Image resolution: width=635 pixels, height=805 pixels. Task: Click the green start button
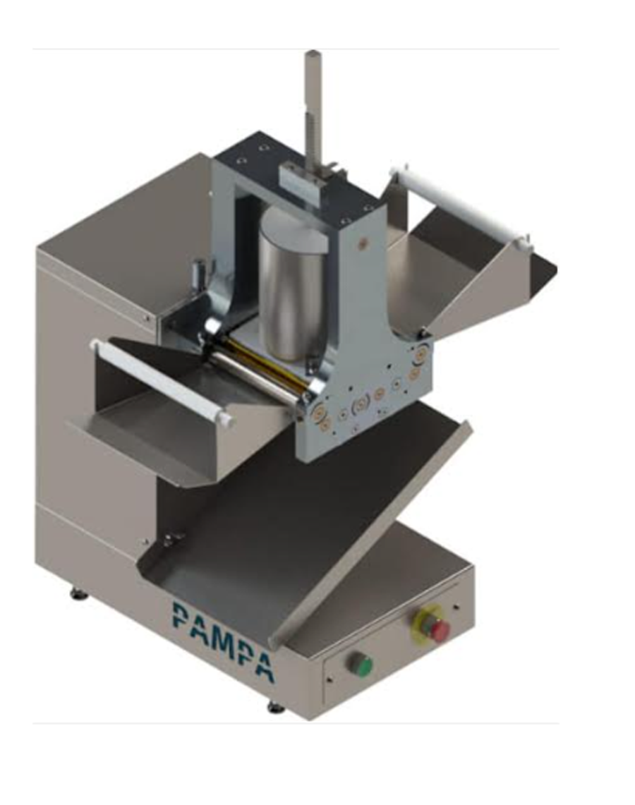click(x=361, y=665)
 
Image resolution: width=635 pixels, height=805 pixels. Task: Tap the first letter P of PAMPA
click(x=180, y=615)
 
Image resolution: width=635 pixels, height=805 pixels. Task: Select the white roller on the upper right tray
click(x=460, y=208)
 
